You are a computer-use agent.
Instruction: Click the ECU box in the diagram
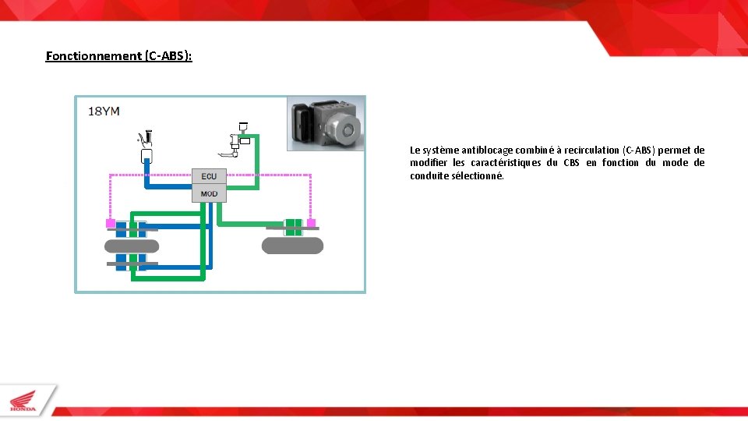click(x=209, y=176)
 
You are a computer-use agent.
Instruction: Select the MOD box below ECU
click(x=209, y=193)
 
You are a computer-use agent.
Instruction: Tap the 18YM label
click(x=104, y=111)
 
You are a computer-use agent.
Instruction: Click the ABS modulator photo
click(x=326, y=123)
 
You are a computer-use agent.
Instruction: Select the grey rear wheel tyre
click(x=292, y=246)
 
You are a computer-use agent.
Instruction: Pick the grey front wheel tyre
click(x=132, y=246)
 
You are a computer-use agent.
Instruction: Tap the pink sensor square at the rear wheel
click(x=312, y=224)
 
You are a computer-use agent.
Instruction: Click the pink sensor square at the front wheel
click(x=111, y=224)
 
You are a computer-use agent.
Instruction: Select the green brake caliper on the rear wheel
click(x=293, y=227)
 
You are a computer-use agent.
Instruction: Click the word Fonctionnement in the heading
click(x=93, y=55)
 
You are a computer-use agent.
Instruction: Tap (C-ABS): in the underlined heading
click(x=168, y=55)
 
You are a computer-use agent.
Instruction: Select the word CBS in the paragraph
click(x=571, y=162)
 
